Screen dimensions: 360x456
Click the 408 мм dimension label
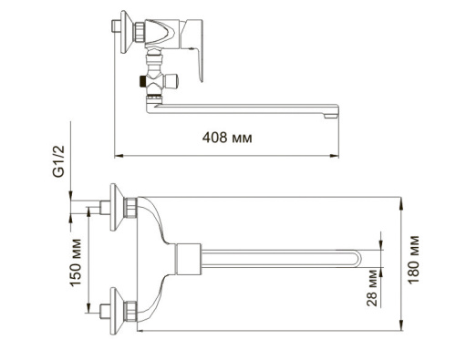[x=227, y=137]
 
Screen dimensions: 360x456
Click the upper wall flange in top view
[x=117, y=208]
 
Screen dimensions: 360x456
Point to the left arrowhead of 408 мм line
[x=116, y=151]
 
